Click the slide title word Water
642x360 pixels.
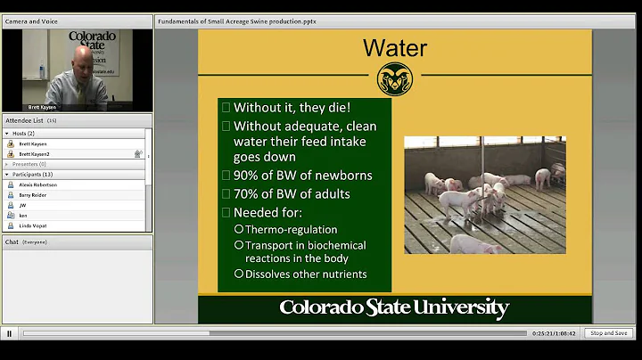point(394,47)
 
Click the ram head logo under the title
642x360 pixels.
point(393,78)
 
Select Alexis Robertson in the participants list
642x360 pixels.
point(37,184)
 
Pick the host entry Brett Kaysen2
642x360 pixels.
point(34,153)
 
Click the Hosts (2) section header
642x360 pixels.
point(23,133)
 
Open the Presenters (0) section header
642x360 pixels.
point(29,164)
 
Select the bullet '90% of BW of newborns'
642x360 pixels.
point(290,175)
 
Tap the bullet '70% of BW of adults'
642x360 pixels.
point(292,193)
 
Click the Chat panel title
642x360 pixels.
point(12,241)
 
